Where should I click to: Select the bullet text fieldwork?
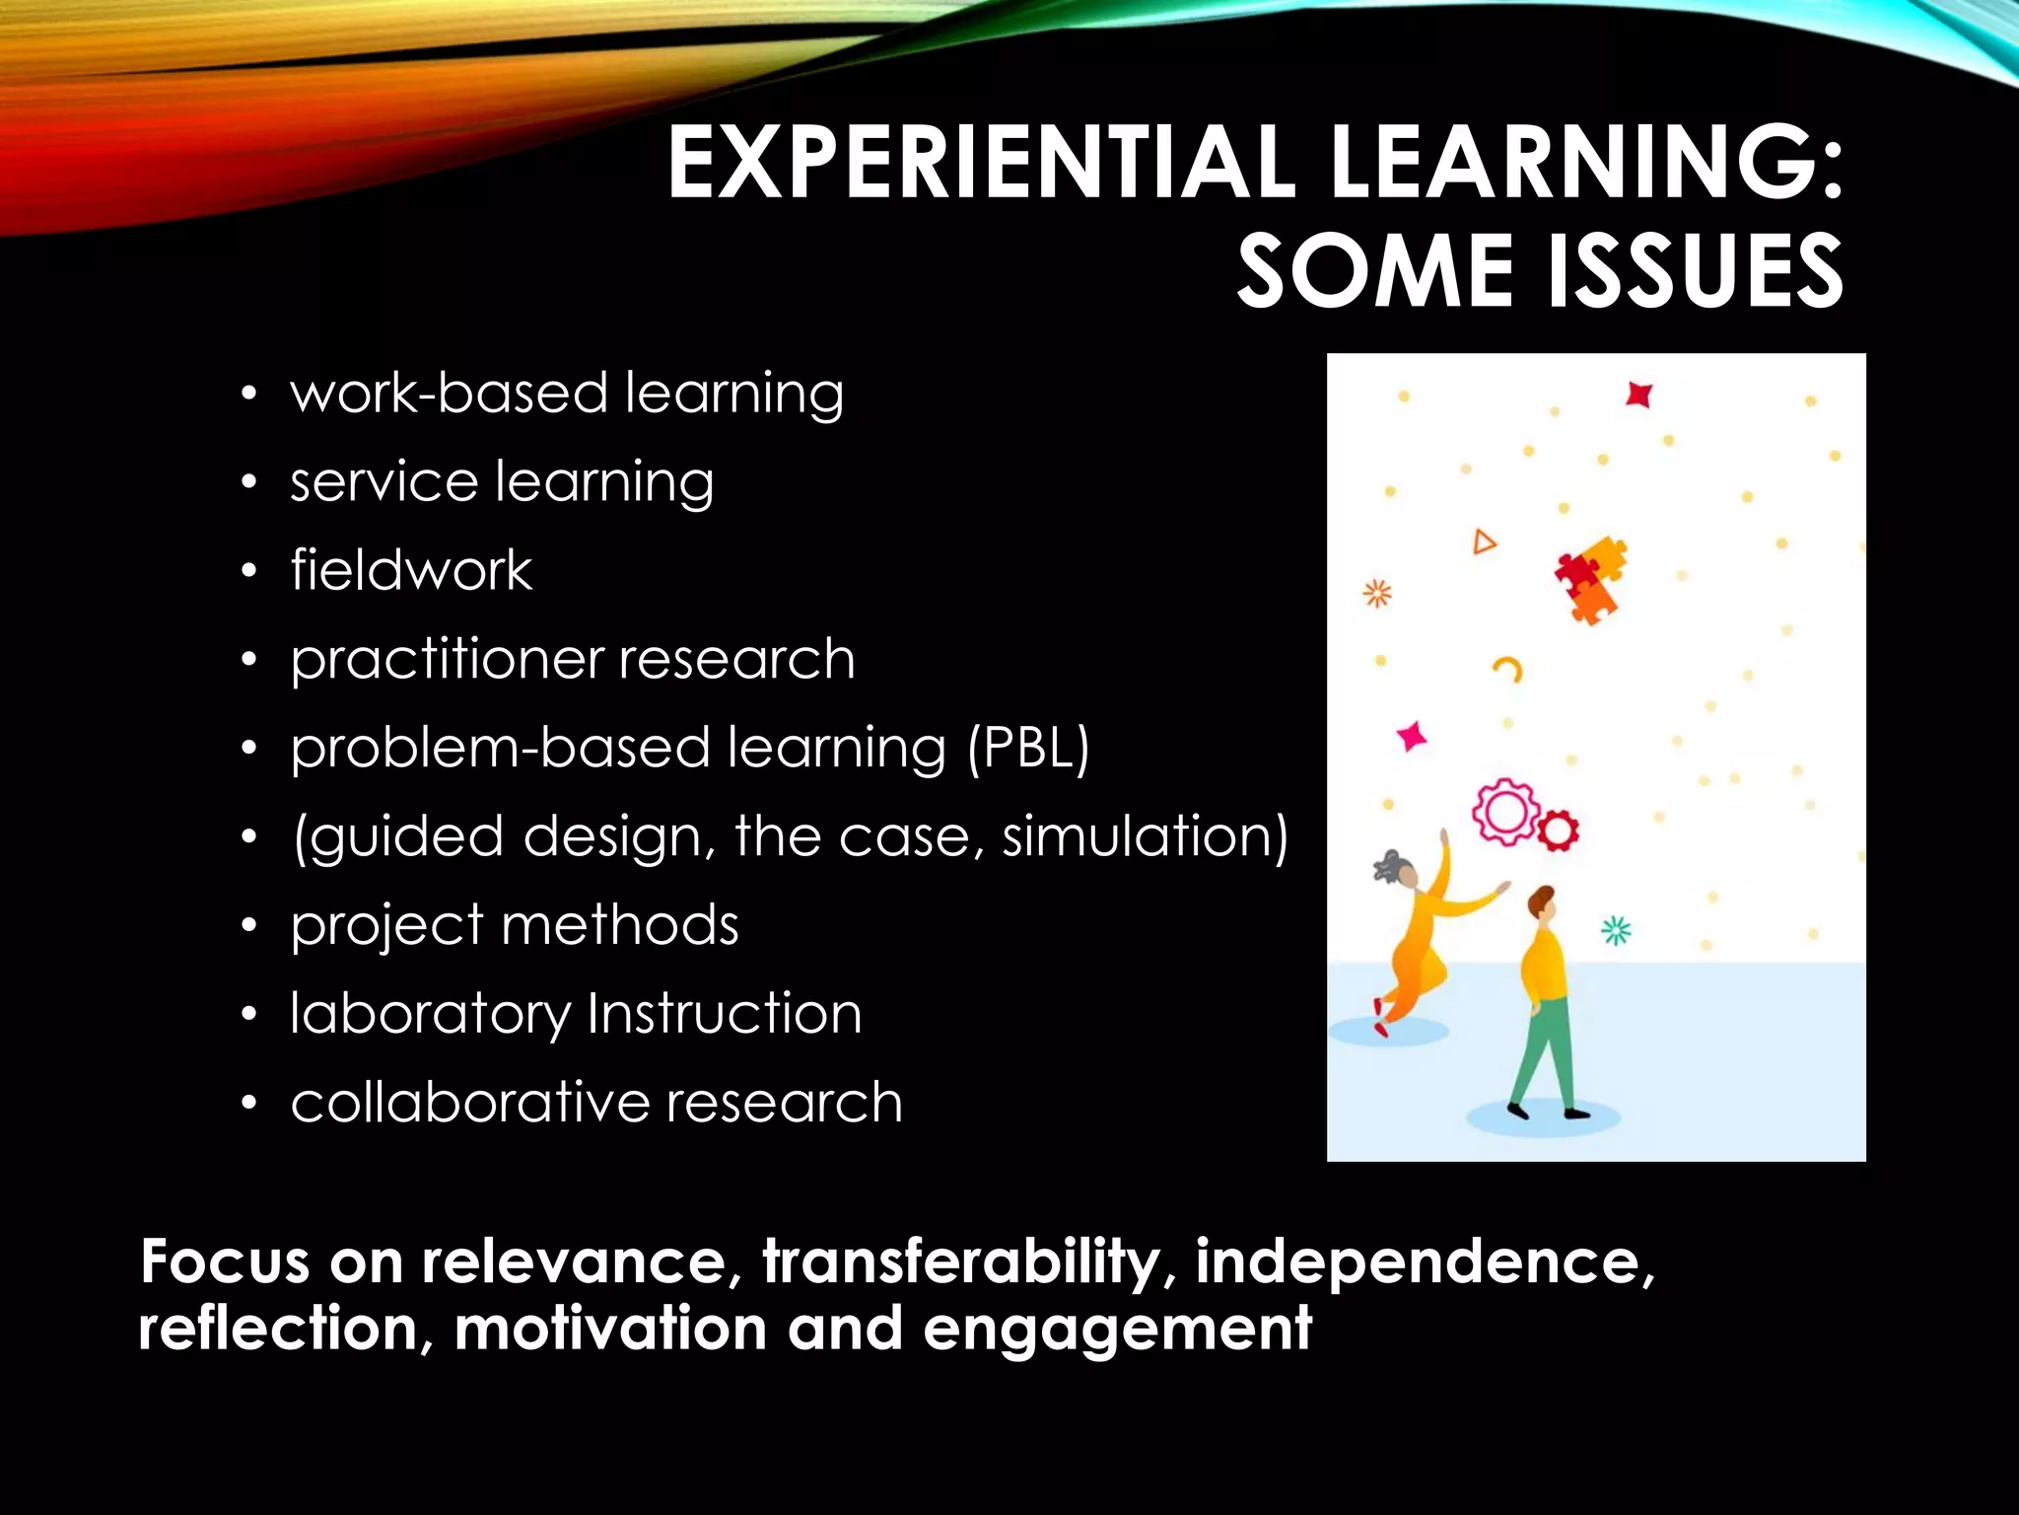411,570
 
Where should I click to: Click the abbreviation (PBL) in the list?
1028,749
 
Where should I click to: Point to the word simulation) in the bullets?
1145,837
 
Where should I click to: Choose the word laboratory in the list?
430,1015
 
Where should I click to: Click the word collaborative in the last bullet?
469,1102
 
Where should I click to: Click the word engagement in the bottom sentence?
1117,1330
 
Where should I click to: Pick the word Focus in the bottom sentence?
225,1262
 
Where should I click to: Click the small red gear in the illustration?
1558,830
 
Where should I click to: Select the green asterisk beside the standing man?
1616,930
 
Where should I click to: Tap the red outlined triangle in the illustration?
1484,541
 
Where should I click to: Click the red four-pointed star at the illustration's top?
1638,395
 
